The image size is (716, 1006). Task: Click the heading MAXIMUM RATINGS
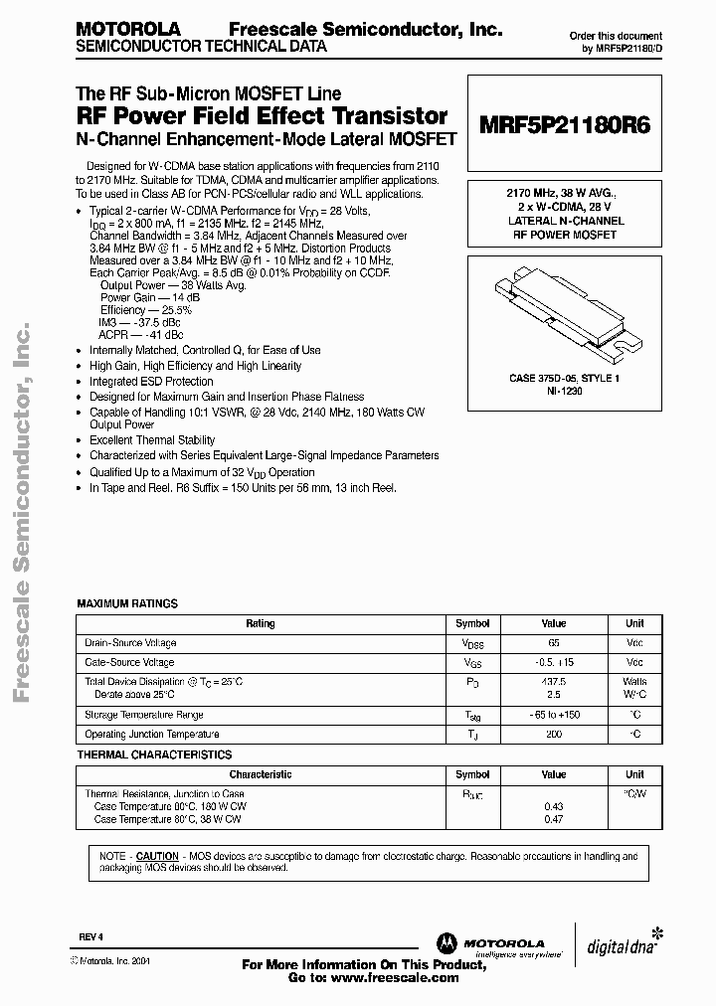[127, 603]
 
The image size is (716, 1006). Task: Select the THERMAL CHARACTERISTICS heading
[154, 755]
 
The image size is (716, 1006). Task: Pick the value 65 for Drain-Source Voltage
[553, 643]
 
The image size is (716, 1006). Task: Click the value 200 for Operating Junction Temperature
[553, 735]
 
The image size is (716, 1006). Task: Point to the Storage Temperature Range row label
[144, 715]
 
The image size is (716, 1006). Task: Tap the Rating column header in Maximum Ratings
[261, 623]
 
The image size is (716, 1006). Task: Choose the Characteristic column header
[261, 774]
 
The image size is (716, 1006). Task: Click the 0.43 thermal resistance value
[553, 805]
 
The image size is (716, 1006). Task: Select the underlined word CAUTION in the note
[157, 856]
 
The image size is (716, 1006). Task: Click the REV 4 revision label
[90, 937]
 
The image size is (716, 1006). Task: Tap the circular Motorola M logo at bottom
[444, 942]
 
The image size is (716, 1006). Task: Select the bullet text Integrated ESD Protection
[151, 382]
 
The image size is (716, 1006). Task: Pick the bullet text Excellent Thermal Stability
[152, 439]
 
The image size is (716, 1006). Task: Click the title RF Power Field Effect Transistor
[262, 116]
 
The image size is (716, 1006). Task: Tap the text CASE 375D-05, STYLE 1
[564, 379]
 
